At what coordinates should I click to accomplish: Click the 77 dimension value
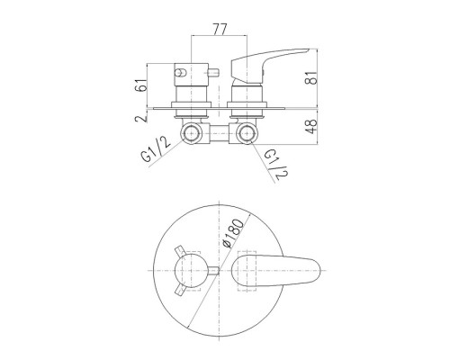pyautogui.click(x=220, y=29)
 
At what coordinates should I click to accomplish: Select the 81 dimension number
pyautogui.click(x=311, y=77)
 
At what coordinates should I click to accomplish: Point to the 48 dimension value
pyautogui.click(x=311, y=127)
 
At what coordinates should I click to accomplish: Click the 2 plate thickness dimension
pyautogui.click(x=141, y=118)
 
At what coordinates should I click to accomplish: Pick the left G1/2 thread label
pyautogui.click(x=155, y=148)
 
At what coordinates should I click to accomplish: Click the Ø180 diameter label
pyautogui.click(x=234, y=233)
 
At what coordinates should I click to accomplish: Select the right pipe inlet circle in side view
pyautogui.click(x=247, y=133)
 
